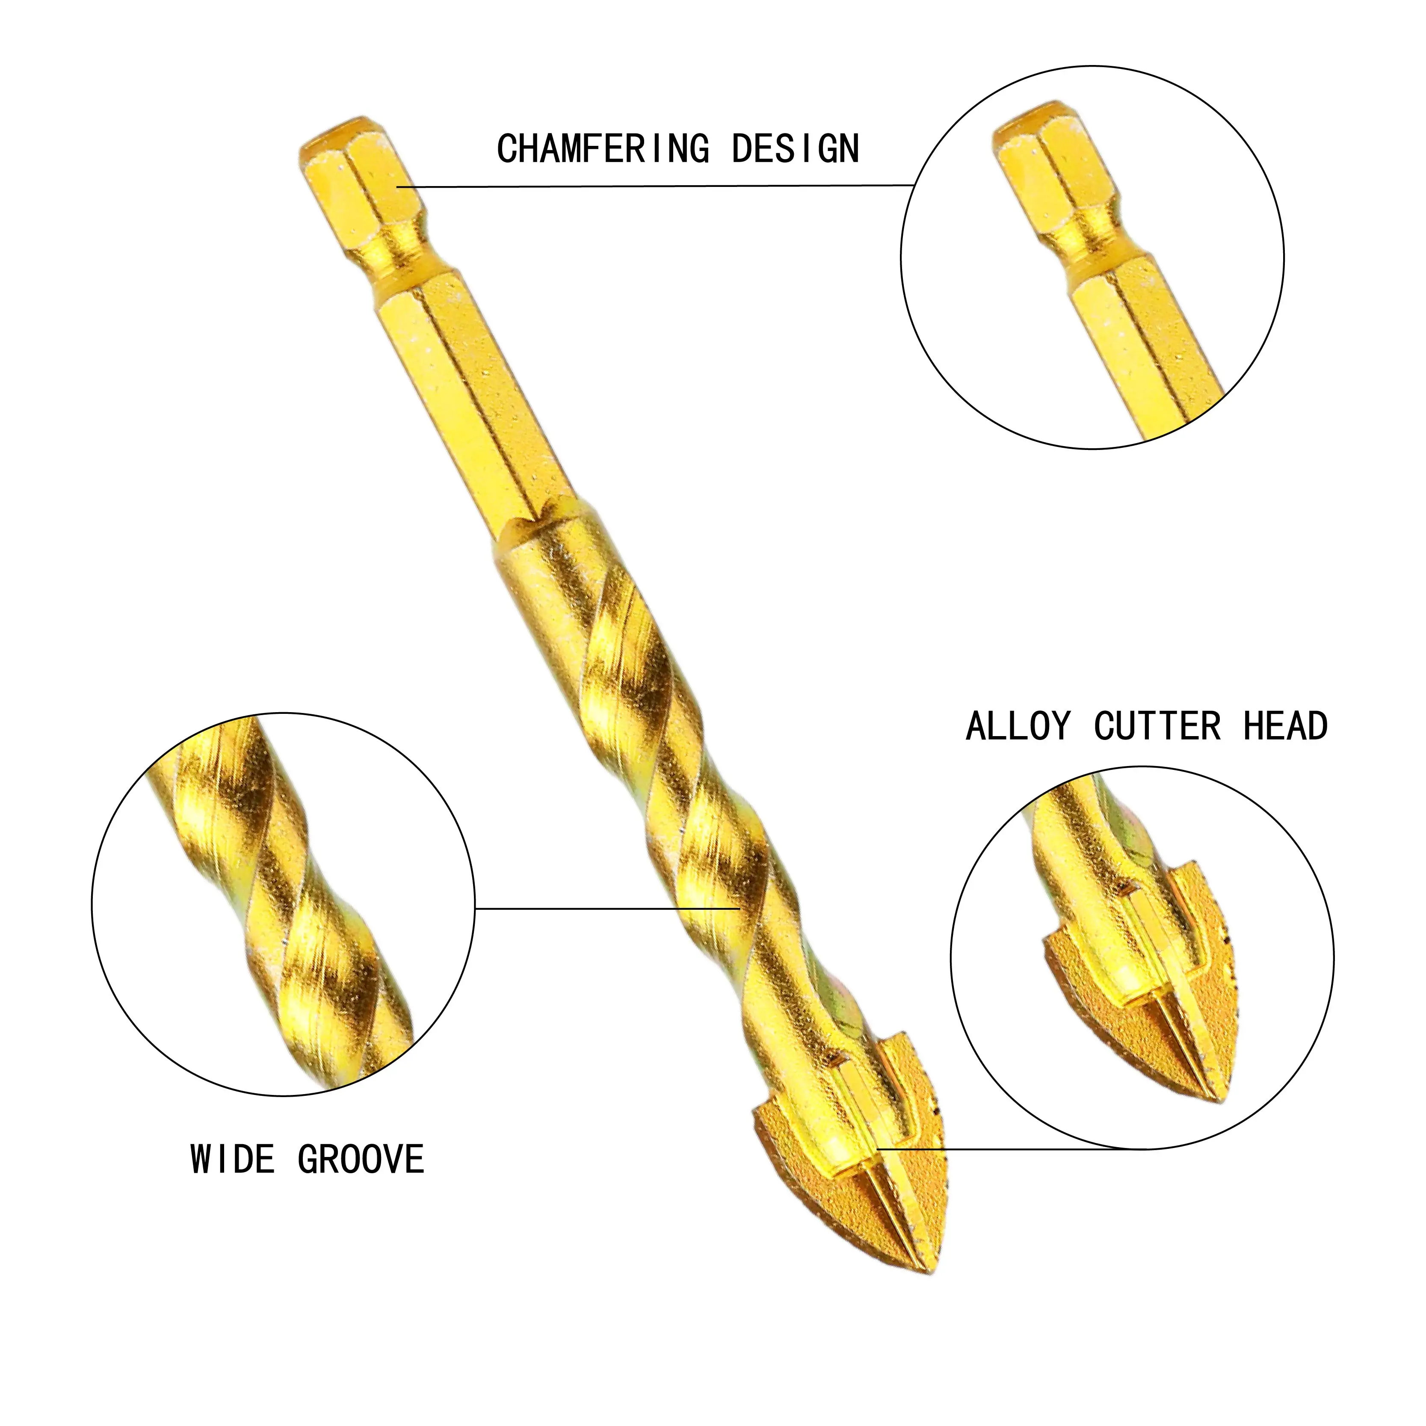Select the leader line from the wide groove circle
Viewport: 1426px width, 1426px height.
click(x=605, y=908)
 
